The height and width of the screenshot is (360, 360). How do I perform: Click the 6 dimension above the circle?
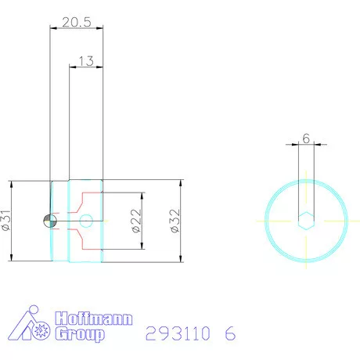coord(306,135)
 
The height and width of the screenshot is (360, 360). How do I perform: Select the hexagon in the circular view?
coord(306,221)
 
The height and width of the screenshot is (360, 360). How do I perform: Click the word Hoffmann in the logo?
coord(94,320)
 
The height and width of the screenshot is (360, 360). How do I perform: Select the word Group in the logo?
coord(79,335)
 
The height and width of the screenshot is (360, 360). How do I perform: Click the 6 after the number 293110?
coord(229,333)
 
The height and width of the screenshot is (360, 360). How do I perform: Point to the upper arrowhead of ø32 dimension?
coord(181,183)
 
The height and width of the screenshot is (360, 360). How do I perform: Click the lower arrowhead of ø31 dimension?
coord(14,260)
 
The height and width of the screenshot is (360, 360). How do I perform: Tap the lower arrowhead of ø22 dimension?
coord(142,247)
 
